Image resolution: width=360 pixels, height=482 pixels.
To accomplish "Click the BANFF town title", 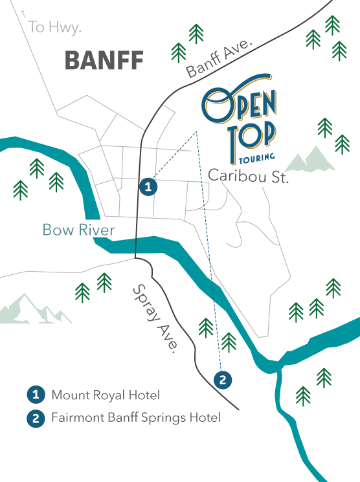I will click(x=104, y=61).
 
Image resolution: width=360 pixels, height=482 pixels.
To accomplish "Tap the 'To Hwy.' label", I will click(x=56, y=27).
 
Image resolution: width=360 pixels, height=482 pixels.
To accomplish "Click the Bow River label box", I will click(x=78, y=230).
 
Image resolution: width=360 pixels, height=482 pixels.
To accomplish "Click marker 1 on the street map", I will click(x=149, y=187).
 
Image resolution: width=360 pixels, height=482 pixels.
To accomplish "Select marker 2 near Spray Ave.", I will click(x=222, y=379).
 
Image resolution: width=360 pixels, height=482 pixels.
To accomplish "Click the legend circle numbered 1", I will click(x=36, y=395).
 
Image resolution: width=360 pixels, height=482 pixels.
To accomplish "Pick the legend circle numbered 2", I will click(x=36, y=418).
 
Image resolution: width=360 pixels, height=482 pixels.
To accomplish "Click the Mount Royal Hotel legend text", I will click(x=106, y=395).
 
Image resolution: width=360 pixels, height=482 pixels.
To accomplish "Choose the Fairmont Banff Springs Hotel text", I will click(x=136, y=418).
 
